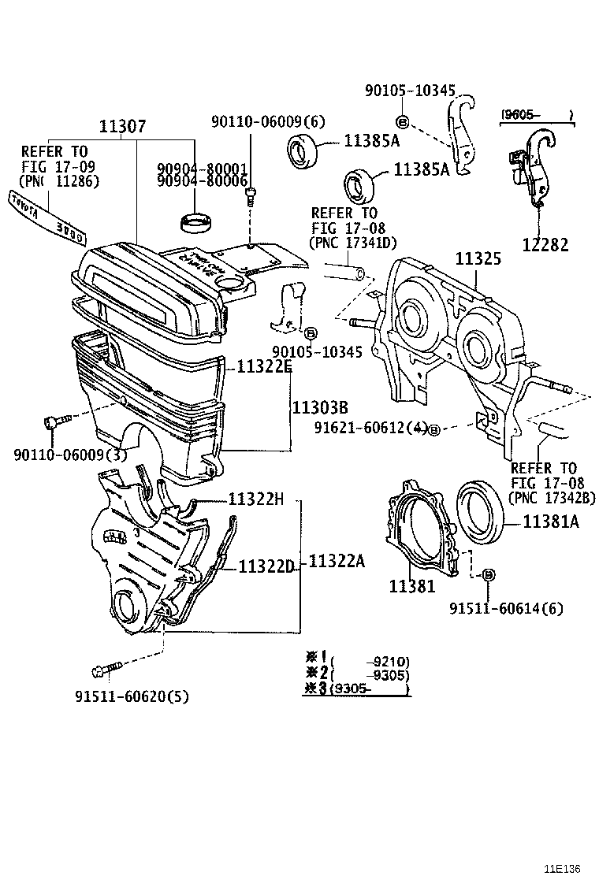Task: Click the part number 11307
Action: point(122,126)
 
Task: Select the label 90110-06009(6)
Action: point(267,121)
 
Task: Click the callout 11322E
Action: point(257,366)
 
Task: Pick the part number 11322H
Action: point(257,499)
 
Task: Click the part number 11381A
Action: point(551,522)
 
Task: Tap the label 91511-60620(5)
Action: point(132,696)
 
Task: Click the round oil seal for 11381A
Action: point(482,511)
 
